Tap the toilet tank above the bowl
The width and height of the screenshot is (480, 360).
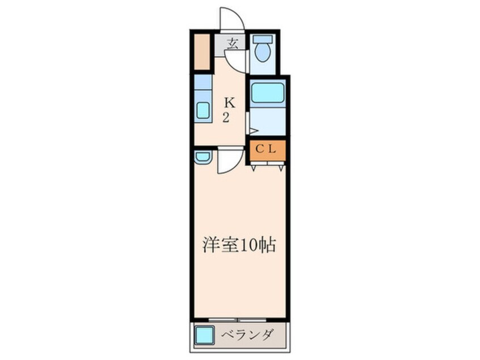tap(262, 40)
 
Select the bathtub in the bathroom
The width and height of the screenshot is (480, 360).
tap(267, 93)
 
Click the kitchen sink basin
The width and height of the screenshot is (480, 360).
tap(203, 110)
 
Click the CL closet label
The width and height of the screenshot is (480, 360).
tap(266, 150)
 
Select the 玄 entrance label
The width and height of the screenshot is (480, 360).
tap(233, 43)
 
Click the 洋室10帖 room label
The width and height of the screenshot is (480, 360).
tap(239, 245)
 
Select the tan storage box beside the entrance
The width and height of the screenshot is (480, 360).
tap(201, 51)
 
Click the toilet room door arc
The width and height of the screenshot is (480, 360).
tap(239, 62)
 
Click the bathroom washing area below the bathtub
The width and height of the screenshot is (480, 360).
tap(267, 121)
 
